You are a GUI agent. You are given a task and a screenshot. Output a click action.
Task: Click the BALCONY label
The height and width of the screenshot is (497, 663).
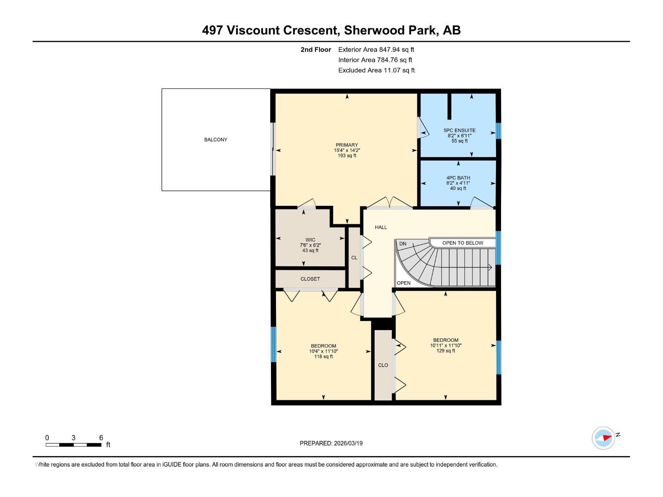(x=215, y=140)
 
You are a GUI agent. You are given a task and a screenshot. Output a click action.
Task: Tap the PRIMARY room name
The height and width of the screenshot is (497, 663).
(x=347, y=145)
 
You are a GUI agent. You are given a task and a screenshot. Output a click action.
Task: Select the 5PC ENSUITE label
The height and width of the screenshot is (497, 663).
(x=460, y=130)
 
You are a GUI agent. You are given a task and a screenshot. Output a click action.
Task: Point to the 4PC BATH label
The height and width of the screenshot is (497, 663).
(x=458, y=178)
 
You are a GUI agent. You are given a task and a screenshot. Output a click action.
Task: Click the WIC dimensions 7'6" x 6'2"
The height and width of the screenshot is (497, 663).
(x=310, y=245)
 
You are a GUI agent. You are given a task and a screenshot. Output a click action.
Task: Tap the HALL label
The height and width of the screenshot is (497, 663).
(x=381, y=227)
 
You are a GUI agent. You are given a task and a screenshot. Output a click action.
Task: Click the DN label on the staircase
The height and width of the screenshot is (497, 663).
(x=403, y=244)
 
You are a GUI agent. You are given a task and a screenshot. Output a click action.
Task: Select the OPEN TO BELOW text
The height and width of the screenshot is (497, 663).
(x=462, y=243)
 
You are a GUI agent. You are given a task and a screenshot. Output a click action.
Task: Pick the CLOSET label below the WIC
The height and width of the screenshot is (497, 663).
(x=310, y=279)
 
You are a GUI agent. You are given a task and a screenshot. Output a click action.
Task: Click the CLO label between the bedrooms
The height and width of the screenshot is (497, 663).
(x=383, y=365)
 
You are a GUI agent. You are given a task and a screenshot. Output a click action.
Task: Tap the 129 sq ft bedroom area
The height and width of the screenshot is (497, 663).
(x=446, y=351)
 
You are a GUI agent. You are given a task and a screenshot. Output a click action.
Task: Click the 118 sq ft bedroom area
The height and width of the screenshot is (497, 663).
(x=323, y=357)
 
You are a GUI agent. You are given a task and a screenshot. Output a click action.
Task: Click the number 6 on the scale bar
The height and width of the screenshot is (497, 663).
(x=101, y=438)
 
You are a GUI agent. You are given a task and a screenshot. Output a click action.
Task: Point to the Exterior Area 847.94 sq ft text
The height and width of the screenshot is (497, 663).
(x=376, y=49)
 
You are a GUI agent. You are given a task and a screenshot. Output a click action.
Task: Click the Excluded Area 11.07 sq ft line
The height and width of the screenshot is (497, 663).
(x=376, y=70)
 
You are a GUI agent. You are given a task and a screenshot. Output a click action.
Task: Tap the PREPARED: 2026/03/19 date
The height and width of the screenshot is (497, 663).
(x=331, y=443)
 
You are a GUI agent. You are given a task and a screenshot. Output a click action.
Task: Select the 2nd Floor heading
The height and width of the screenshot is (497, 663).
(x=316, y=49)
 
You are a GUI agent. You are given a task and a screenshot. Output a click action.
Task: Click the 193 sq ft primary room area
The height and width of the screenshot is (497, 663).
(x=347, y=156)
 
